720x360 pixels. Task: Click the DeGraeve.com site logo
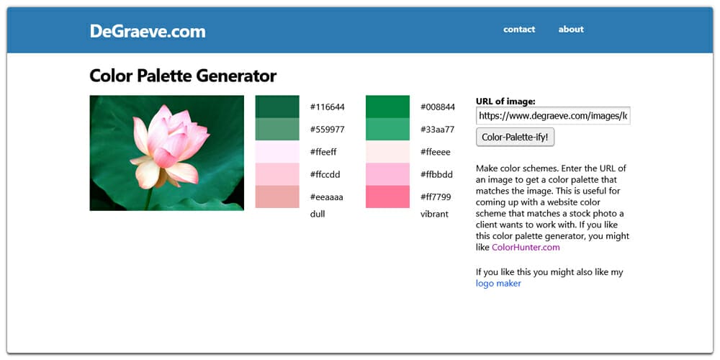tap(148, 31)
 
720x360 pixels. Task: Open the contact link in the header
tap(519, 30)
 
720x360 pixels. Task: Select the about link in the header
tap(571, 30)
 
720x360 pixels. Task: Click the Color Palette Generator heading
tap(183, 76)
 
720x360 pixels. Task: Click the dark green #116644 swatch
tap(277, 107)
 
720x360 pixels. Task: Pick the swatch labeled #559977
tap(277, 129)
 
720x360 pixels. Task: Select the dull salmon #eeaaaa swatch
tap(277, 197)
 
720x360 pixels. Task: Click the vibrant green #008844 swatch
tap(387, 107)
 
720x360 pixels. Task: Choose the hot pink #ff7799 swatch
tap(387, 197)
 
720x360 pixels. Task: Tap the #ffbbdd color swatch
tap(387, 174)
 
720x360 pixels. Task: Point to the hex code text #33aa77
tap(438, 130)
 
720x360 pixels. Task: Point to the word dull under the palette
tap(318, 214)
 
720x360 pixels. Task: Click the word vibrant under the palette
tap(434, 214)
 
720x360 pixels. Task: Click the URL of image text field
tap(553, 115)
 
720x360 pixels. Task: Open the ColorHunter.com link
tap(526, 247)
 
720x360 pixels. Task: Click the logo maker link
tap(498, 284)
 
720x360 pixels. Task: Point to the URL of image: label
tap(505, 102)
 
